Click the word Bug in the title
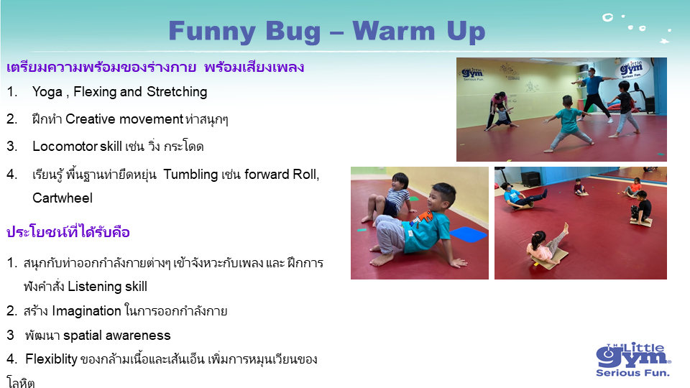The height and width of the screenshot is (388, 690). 293,32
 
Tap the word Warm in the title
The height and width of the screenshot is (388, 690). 393,31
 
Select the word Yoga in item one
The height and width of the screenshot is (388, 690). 47,93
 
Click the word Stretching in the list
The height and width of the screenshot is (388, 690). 177,92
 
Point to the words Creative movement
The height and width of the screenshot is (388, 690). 124,119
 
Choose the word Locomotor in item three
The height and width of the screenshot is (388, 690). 65,147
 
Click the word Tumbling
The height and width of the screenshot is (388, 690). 190,175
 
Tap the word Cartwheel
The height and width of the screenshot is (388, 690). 63,198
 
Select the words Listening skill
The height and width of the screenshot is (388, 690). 107,287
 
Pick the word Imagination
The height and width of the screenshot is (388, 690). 86,311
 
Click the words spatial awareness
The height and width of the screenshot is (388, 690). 116,336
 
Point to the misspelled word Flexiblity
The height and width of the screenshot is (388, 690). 51,359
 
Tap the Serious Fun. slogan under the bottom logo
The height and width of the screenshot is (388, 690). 632,373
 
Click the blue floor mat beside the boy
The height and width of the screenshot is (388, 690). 468,234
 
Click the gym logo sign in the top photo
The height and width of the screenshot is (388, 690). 631,69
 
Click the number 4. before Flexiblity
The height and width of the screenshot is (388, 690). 12,359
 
